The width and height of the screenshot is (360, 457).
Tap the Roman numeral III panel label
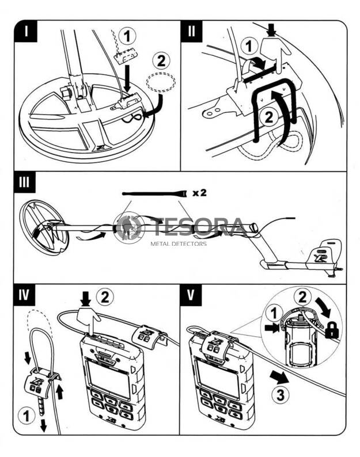27,185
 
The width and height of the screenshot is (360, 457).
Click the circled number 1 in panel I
128,36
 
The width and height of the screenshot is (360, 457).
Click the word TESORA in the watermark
199,227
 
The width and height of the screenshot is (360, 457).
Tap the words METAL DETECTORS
178,243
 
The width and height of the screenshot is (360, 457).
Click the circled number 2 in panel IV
104,298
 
